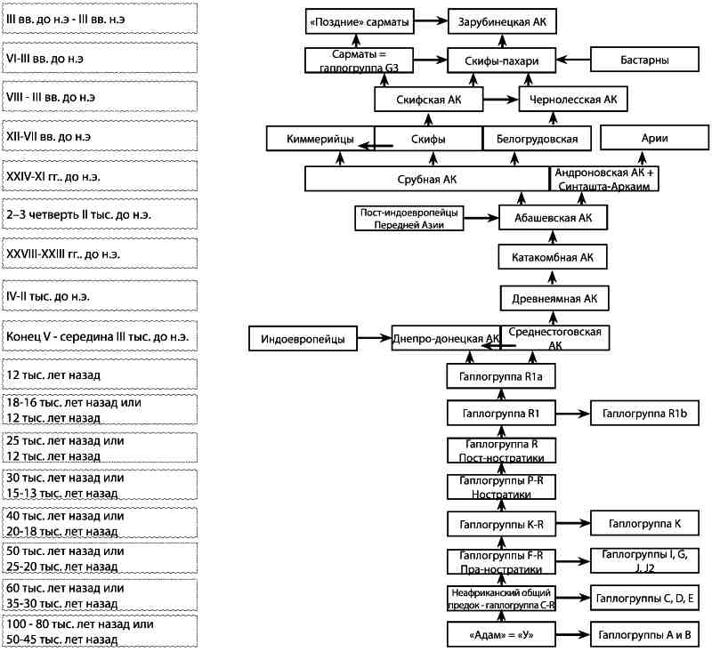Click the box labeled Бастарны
tap(644, 60)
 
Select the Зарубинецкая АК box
tap(502, 21)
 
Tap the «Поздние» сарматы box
tap(360, 21)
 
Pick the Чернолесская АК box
tap(573, 99)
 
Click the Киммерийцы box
tap(320, 139)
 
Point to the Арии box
tap(654, 138)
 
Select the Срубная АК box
tap(427, 179)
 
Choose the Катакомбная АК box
tap(553, 257)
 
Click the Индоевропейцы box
tap(303, 339)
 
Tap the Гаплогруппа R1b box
tap(644, 413)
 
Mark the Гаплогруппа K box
tap(644, 523)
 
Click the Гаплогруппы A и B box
tap(644, 634)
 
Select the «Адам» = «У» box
tap(501, 634)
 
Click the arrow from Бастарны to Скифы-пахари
tap(573, 60)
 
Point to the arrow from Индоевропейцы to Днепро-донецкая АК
tap(375, 338)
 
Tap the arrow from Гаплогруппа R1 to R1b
tap(573, 414)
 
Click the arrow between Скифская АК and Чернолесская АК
tap(501, 100)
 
